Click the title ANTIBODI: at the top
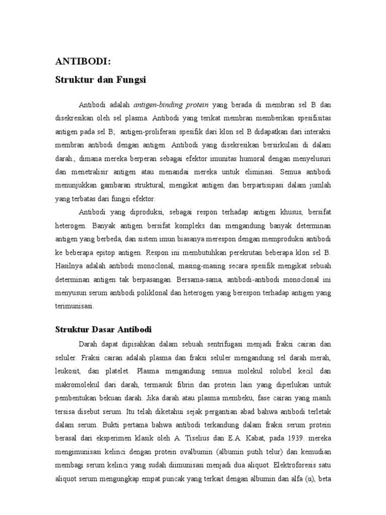(x=82, y=62)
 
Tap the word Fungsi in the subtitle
(x=131, y=79)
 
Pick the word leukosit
(x=67, y=370)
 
